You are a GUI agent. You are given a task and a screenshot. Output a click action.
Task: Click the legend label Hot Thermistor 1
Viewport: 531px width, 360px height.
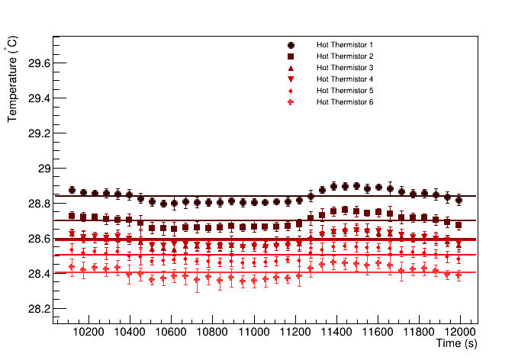pos(345,45)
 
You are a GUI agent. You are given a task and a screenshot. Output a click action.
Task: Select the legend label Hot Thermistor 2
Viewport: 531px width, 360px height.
pos(345,56)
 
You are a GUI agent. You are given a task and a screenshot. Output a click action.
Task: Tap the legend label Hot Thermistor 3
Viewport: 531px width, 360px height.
pos(345,68)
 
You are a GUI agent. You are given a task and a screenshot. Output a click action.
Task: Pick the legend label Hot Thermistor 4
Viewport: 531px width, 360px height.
pos(345,79)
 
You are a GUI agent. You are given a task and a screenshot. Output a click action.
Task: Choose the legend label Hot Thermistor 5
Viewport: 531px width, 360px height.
pos(345,91)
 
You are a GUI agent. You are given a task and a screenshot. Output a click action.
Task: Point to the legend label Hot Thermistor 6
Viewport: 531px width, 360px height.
pos(345,102)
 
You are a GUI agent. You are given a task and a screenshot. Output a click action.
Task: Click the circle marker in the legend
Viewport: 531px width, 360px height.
pos(291,45)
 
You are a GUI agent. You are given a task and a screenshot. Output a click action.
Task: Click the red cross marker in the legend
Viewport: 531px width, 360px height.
pos(291,102)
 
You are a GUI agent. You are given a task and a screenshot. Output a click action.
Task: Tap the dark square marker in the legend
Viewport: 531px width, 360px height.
pos(291,56)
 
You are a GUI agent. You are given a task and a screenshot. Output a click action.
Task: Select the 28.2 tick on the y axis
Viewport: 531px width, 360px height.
pos(37,309)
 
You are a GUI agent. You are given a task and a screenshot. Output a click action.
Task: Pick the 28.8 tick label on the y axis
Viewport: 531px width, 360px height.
pos(37,204)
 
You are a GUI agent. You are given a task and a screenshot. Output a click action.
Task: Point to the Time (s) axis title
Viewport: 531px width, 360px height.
pos(457,345)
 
